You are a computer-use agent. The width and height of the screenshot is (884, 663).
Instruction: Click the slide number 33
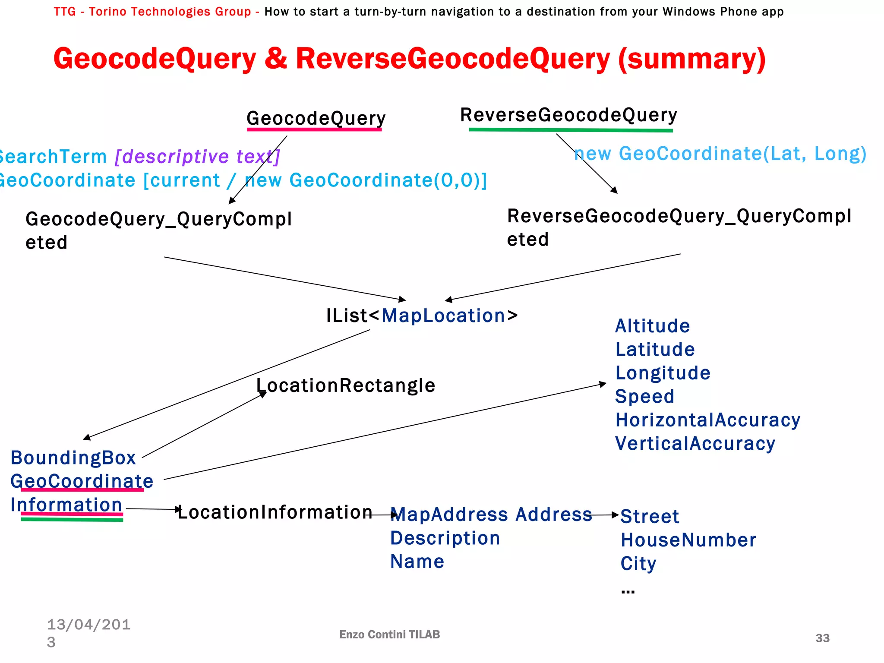(x=822, y=638)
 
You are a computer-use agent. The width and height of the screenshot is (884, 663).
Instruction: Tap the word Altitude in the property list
(x=652, y=326)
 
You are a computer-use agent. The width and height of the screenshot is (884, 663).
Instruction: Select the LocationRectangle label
(x=346, y=385)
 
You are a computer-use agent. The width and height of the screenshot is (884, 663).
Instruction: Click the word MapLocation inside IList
(x=443, y=316)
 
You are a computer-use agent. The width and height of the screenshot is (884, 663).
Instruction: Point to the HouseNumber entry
(x=688, y=540)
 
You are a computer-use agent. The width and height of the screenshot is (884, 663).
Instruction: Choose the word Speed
(x=644, y=396)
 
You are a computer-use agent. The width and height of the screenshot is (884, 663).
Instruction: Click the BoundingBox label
(x=73, y=458)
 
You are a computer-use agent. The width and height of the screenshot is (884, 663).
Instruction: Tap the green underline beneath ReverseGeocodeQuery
(x=571, y=129)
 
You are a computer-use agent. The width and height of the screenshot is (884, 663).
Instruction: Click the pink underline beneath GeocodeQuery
(x=314, y=129)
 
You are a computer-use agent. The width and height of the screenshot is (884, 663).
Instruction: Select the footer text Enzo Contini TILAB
(x=389, y=635)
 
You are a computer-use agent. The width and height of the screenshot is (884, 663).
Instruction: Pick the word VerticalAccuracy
(x=695, y=444)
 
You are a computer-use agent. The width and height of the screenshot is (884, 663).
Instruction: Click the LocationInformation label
(x=275, y=512)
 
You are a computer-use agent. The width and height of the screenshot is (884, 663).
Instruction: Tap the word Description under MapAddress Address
(x=445, y=538)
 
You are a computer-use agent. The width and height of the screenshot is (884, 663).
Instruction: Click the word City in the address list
(x=638, y=564)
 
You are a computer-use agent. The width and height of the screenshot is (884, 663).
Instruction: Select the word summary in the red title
(x=692, y=59)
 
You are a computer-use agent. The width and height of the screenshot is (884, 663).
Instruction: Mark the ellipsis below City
(x=628, y=591)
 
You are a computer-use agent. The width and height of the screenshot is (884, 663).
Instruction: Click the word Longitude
(x=663, y=373)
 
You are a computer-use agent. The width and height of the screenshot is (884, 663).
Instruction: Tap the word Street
(x=650, y=516)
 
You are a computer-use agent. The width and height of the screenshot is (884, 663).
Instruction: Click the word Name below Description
(x=417, y=562)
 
